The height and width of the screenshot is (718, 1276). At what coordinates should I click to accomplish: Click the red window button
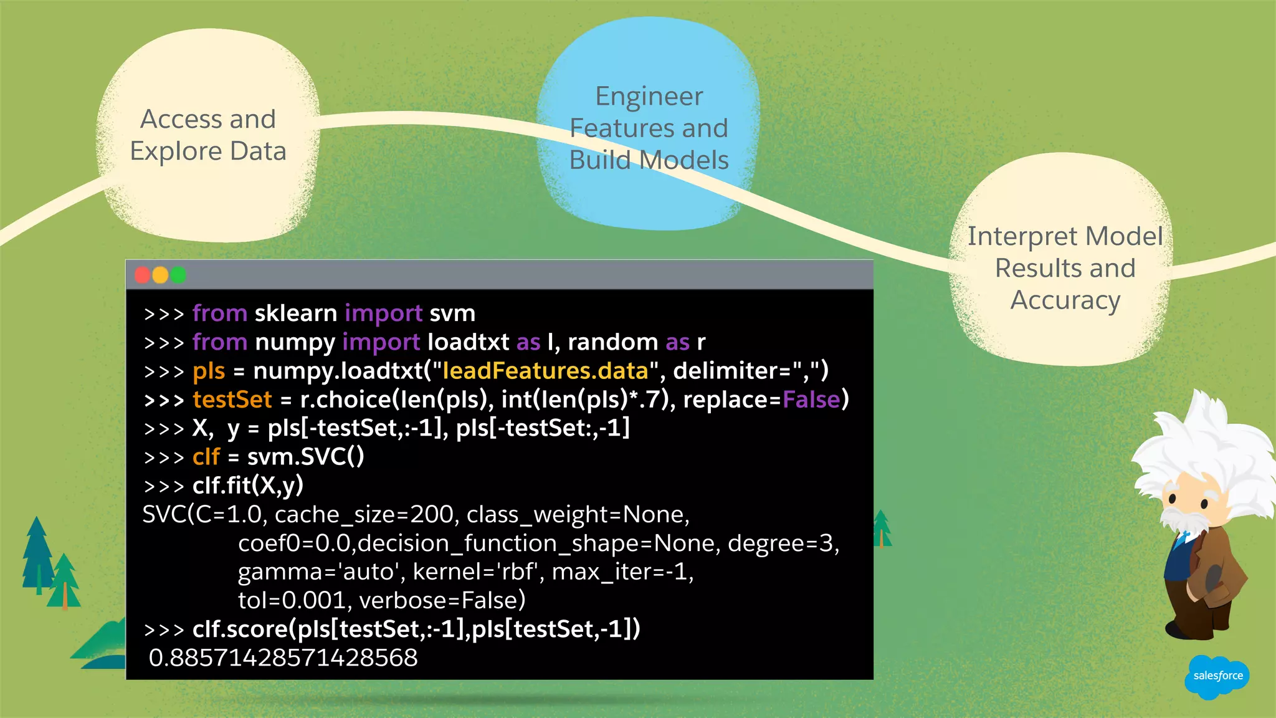[142, 275]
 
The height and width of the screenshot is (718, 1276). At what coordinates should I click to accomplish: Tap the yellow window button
[160, 275]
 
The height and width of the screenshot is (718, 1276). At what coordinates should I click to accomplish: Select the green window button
[179, 275]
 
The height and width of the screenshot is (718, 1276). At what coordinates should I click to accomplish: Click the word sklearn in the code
[296, 313]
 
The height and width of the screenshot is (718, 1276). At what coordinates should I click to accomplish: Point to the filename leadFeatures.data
[545, 371]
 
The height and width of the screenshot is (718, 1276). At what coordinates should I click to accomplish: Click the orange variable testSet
[232, 400]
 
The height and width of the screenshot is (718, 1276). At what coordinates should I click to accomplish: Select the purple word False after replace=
[811, 400]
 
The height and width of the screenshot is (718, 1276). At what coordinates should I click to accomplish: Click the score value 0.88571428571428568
[283, 658]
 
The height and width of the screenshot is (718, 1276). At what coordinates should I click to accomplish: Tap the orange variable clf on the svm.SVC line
[206, 457]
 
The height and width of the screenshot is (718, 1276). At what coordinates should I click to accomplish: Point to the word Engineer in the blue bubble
[649, 97]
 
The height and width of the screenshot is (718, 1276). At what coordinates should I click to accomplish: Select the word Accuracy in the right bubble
[1065, 300]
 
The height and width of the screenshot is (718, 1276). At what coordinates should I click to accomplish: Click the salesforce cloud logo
[1216, 676]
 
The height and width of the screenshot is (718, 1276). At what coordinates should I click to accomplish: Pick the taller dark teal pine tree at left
[37, 555]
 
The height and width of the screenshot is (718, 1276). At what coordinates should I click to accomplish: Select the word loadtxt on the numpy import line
[468, 342]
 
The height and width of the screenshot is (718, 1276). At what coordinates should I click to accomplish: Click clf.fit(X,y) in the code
[247, 486]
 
